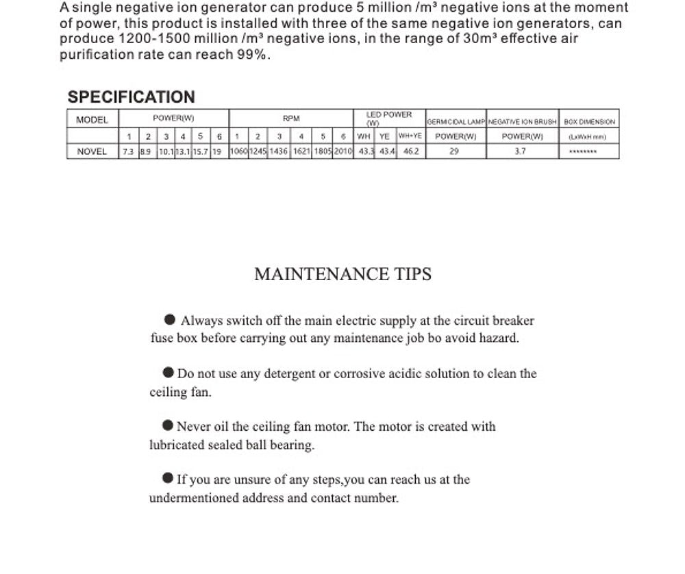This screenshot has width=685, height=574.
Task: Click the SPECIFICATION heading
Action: click(x=132, y=97)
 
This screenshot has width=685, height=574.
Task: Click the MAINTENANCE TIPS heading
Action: click(x=342, y=275)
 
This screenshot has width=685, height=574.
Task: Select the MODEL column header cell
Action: click(x=92, y=120)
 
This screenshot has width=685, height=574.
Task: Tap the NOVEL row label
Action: click(x=92, y=152)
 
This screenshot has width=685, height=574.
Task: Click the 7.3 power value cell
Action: click(x=128, y=152)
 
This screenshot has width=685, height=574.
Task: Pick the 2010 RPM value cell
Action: click(x=343, y=152)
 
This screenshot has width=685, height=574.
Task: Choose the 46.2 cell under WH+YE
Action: click(x=410, y=152)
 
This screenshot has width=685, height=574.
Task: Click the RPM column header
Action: click(x=292, y=118)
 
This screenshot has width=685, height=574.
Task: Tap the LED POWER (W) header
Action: click(x=389, y=118)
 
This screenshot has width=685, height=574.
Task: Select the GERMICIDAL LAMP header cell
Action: click(x=456, y=121)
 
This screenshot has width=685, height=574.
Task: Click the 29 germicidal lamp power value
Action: click(x=454, y=152)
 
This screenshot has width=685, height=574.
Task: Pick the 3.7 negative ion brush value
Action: click(x=521, y=152)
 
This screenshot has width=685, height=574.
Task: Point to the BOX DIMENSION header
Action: click(x=590, y=121)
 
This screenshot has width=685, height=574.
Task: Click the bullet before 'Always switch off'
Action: click(x=171, y=320)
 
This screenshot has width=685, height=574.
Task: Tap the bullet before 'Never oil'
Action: click(x=168, y=426)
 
